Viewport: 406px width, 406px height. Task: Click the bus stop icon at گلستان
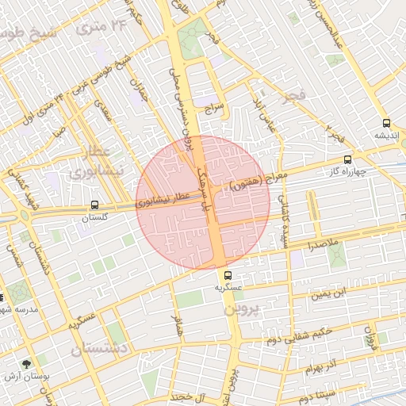[95, 204]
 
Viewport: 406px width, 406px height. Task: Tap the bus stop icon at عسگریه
[228, 276]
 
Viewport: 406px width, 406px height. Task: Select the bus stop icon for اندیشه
[386, 123]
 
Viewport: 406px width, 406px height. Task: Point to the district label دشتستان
[99, 347]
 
